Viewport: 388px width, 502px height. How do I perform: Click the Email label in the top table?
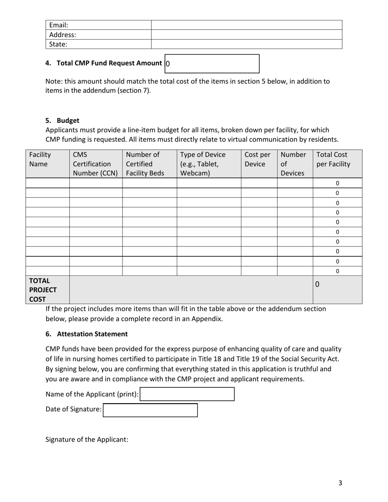(58, 25)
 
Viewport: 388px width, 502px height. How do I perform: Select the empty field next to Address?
(246, 35)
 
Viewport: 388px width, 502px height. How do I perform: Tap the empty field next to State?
(246, 44)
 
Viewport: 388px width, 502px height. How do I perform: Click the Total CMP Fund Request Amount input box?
(212, 64)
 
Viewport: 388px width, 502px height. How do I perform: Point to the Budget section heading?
(68, 120)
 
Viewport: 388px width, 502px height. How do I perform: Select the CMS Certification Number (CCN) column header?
(96, 164)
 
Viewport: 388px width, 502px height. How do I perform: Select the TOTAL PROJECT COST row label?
(42, 290)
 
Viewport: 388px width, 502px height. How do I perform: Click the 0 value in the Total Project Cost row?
(317, 284)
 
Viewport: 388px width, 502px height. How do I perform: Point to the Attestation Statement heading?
(92, 334)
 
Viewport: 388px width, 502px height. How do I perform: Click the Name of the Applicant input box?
(187, 394)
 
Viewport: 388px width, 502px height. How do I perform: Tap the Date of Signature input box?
(150, 410)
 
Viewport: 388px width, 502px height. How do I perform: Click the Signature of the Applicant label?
(87, 440)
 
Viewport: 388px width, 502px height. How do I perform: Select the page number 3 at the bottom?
(340, 483)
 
